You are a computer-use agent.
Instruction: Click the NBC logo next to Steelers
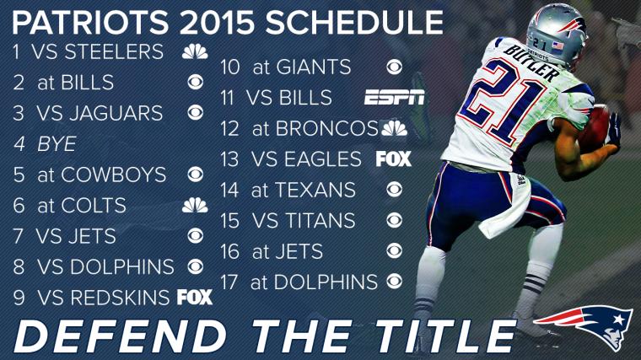coord(195,51)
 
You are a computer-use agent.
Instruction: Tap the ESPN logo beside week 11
coord(394,97)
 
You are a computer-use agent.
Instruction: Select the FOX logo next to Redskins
coord(195,297)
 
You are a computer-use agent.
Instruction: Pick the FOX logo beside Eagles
coord(393,159)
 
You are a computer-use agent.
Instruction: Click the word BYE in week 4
coord(57,144)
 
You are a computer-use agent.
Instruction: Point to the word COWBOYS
coord(114,175)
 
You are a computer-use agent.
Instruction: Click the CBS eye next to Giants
coord(394,67)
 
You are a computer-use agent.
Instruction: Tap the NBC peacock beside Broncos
coord(394,128)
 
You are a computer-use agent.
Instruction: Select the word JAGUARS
coord(116,113)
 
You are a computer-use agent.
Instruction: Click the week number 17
coord(229,282)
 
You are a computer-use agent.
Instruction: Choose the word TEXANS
coord(315,190)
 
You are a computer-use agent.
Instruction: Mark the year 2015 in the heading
coord(217,22)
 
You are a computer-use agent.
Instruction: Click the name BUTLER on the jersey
coord(531,62)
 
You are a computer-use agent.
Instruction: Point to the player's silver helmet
coord(557,35)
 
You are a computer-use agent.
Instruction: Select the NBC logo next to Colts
coord(195,205)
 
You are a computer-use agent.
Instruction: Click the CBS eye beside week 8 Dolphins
coord(196,266)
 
